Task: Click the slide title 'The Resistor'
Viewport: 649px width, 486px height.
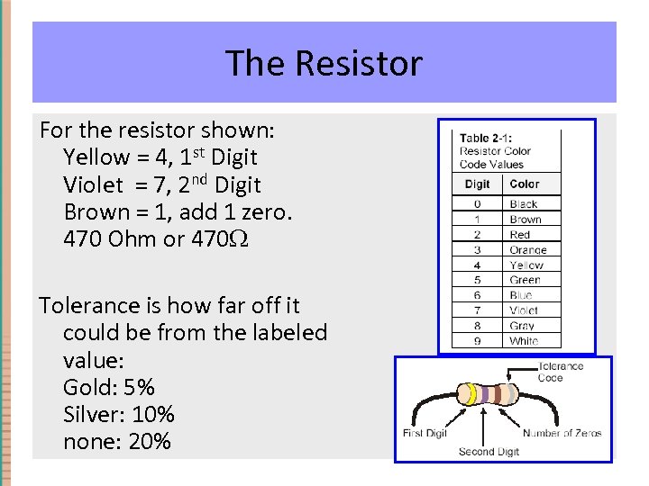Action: point(324,63)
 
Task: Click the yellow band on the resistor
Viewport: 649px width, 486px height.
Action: point(471,394)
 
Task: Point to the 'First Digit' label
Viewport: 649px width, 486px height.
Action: point(425,434)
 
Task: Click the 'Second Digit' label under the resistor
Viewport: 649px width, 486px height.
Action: point(489,451)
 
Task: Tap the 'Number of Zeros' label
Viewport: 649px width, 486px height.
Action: point(562,434)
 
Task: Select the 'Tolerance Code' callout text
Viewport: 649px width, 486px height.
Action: point(560,372)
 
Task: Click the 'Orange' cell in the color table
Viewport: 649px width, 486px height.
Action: point(527,250)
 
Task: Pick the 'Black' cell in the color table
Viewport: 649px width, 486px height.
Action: point(524,204)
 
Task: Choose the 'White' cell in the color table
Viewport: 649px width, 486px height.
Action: point(524,341)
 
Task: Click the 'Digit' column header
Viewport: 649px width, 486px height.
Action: point(477,184)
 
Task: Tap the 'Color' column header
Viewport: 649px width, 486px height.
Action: point(525,184)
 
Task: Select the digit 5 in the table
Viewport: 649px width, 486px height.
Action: point(477,280)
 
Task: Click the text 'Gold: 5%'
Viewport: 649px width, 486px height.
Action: point(109,387)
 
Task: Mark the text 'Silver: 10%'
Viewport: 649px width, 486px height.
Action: point(119,414)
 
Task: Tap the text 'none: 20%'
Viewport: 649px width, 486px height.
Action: point(116,441)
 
